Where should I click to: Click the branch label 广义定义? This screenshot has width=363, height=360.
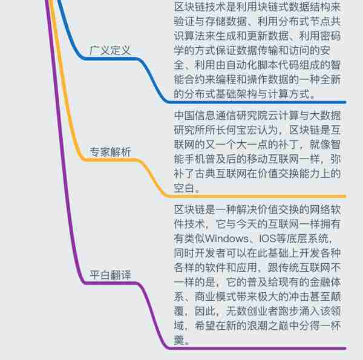point(110,50)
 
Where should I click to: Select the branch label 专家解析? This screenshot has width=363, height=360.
point(110,152)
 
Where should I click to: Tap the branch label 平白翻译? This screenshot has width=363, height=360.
point(110,275)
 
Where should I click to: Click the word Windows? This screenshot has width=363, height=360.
point(226,238)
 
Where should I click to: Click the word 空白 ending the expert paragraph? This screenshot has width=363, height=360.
point(185,188)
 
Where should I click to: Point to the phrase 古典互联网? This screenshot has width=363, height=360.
point(221,174)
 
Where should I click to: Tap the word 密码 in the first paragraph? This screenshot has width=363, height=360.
point(330,36)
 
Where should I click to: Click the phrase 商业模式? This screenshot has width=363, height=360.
point(216,297)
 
